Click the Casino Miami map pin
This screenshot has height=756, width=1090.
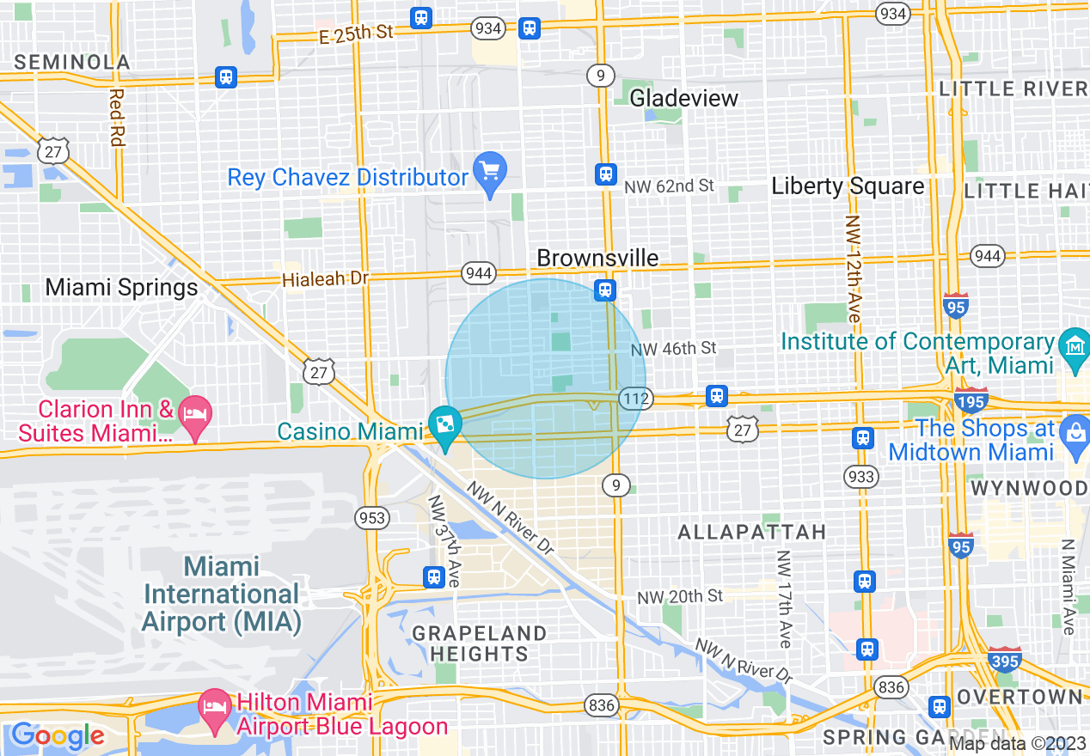coord(445,427)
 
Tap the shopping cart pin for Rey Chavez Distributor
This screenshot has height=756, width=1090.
coord(490,172)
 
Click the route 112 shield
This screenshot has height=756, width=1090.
coord(637,399)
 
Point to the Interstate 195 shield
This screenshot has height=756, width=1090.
coord(971,401)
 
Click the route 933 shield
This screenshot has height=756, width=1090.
coord(861,477)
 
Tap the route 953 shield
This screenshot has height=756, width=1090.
coord(372,518)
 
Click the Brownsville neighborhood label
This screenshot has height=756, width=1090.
coord(597,258)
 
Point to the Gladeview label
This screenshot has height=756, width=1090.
coord(684,98)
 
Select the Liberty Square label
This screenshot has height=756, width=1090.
coord(848,186)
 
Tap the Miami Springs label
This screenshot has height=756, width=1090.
coord(121,287)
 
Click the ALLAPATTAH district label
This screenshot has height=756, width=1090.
coord(751,533)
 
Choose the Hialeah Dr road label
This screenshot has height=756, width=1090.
coord(325,279)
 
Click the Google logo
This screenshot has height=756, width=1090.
coord(58,735)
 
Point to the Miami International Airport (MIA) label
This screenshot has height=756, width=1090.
coord(222,594)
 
